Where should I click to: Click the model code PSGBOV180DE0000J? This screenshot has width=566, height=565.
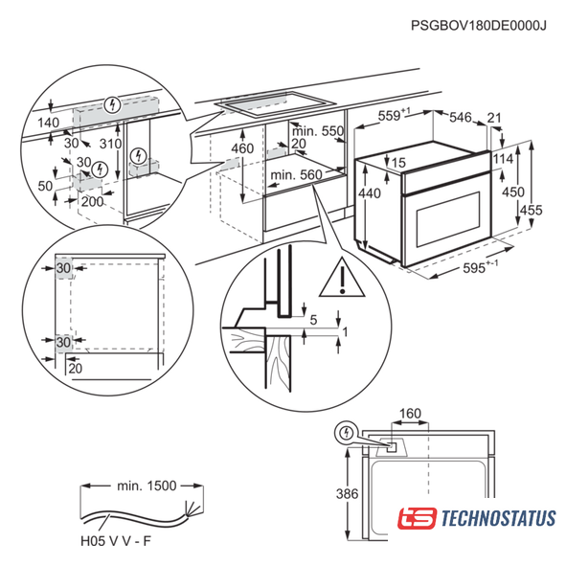pos(478,26)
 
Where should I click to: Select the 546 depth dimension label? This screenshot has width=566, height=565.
pos(461,117)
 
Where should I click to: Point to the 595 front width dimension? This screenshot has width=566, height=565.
pos(480,267)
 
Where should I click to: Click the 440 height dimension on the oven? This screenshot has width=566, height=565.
pos(370,193)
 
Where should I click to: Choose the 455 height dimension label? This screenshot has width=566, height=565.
pos(531,210)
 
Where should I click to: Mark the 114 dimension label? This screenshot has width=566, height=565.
pos(503,159)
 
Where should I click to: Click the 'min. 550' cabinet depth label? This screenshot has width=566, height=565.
pos(317,131)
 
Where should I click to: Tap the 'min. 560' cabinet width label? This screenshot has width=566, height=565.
pos(296,175)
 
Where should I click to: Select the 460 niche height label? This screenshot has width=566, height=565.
pos(242,148)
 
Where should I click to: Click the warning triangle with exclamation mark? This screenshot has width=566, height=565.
pos(342,278)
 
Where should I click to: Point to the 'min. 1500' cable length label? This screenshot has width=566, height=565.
pos(147,486)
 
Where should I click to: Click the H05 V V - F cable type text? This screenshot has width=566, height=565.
pos(116,541)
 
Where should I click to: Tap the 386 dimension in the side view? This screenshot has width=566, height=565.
pos(347,493)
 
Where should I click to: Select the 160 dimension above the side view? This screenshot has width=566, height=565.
pos(411,413)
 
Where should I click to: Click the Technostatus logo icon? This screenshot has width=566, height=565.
pos(417,518)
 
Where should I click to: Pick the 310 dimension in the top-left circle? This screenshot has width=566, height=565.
pos(110,144)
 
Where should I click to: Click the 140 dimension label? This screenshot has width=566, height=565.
pos(49,123)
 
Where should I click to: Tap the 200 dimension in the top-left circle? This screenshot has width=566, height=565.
pos(92,201)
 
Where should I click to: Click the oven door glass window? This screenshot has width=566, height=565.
pos(448,219)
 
